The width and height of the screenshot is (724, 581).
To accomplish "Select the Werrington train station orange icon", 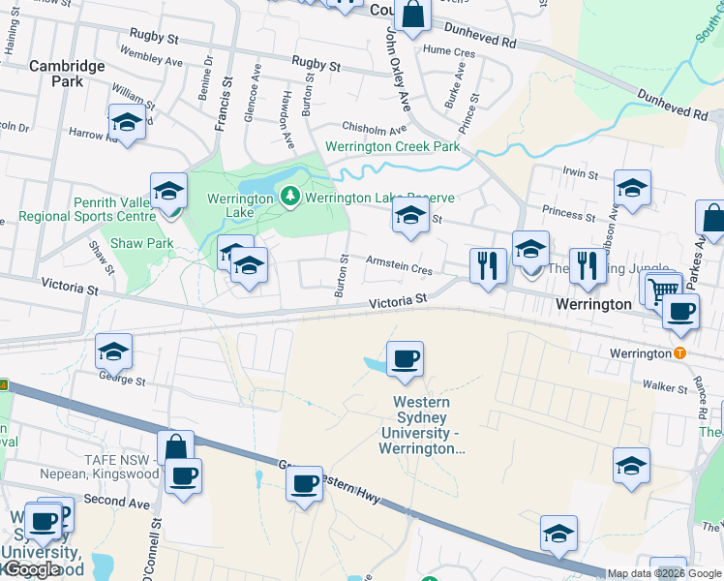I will click(x=680, y=353).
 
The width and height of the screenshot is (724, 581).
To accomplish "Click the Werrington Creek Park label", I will click(x=393, y=147).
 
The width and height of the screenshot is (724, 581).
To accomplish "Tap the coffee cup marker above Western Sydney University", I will click(x=405, y=359).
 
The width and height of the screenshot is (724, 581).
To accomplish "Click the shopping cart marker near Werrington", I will click(x=662, y=289).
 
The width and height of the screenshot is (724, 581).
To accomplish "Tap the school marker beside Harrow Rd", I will click(x=127, y=122).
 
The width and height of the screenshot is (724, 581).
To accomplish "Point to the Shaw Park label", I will click(x=141, y=243).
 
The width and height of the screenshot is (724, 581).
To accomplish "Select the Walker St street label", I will click(x=665, y=386).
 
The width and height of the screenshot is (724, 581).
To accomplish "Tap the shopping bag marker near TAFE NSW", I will click(x=175, y=448).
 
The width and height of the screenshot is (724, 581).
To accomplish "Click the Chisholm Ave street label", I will click(x=373, y=129).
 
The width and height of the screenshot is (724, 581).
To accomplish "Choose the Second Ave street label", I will click(x=117, y=501).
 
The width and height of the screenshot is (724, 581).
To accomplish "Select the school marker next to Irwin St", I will click(x=632, y=189).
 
